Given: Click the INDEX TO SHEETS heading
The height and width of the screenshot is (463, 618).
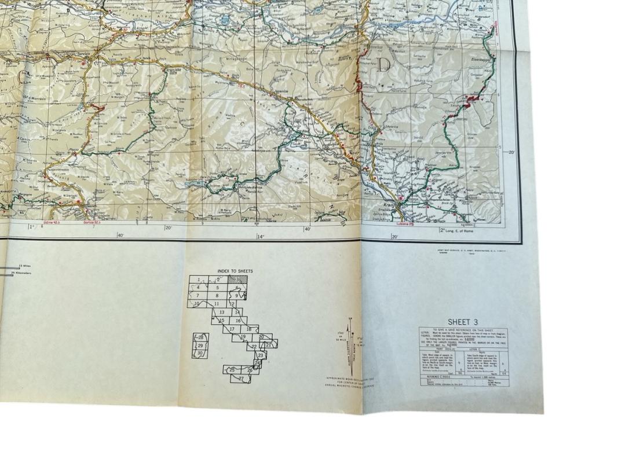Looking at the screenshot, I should point(235,271).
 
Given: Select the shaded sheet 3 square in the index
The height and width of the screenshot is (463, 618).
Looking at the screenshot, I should point(236,279).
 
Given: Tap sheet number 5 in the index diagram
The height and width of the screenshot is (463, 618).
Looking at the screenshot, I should point(217,287).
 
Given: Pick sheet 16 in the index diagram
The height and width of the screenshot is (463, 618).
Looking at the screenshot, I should point(237,321).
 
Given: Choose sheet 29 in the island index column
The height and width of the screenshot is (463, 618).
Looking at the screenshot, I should point(200,346).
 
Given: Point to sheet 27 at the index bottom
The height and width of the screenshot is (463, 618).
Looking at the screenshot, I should point(241,379).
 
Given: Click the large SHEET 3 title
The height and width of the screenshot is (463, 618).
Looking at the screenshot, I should point(463,322).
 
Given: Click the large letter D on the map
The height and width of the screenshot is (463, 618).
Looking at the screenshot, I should point(383,65).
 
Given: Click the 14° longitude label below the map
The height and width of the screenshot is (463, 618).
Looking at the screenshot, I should point(260,236).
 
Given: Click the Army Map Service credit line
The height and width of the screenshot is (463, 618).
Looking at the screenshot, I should point(463,251).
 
